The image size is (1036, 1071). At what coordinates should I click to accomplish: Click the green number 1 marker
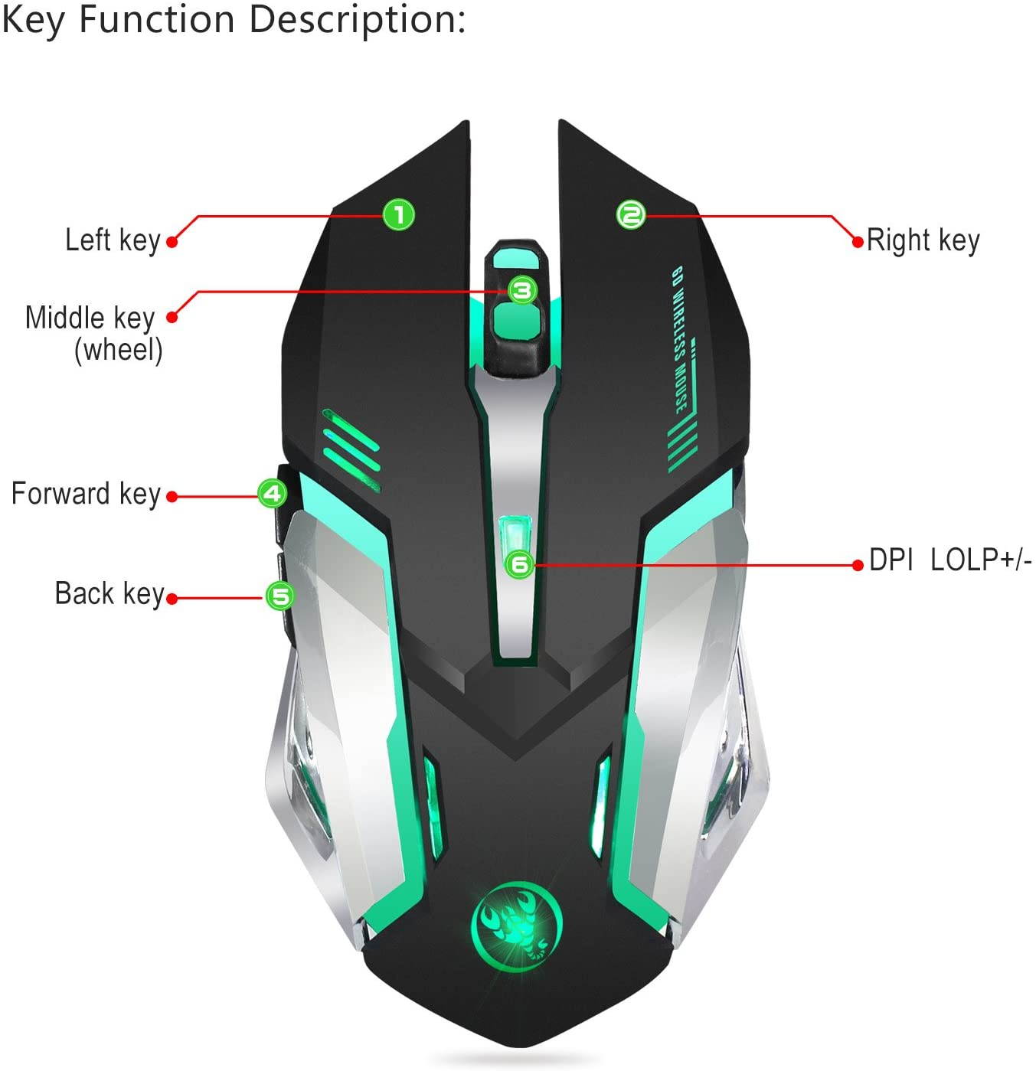[398, 214]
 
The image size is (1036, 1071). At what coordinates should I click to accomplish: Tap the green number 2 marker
[631, 214]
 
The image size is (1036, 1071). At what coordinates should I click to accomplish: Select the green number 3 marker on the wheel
[523, 290]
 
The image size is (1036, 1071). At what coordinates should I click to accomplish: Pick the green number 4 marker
[272, 493]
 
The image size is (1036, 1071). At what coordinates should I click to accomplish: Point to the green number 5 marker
[279, 596]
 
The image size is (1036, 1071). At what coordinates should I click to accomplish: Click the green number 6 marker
[520, 565]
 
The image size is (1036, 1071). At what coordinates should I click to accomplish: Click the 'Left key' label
[113, 240]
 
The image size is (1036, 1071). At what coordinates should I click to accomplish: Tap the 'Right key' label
[923, 240]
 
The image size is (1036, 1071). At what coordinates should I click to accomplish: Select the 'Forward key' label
[86, 494]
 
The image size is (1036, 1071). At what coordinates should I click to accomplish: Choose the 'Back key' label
[109, 594]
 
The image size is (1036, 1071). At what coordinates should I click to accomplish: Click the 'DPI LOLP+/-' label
[950, 560]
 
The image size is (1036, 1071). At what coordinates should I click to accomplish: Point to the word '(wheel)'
[119, 350]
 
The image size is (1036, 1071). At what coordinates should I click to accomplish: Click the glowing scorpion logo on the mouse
[516, 919]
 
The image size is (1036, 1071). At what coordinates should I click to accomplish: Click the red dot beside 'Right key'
[858, 243]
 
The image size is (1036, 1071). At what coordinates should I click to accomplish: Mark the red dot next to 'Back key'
[172, 599]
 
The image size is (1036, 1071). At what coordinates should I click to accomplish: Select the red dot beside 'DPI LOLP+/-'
[858, 565]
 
